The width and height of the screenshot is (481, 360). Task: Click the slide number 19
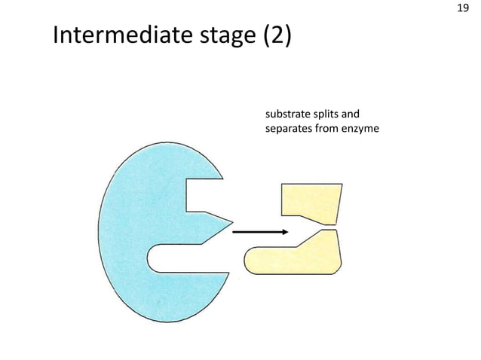pos(464,10)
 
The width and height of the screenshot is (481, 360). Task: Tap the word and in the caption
pos(351,115)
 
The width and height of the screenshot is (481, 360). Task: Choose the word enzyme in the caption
pos(363,130)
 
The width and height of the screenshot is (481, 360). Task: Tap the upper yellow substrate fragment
pos(310,202)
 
